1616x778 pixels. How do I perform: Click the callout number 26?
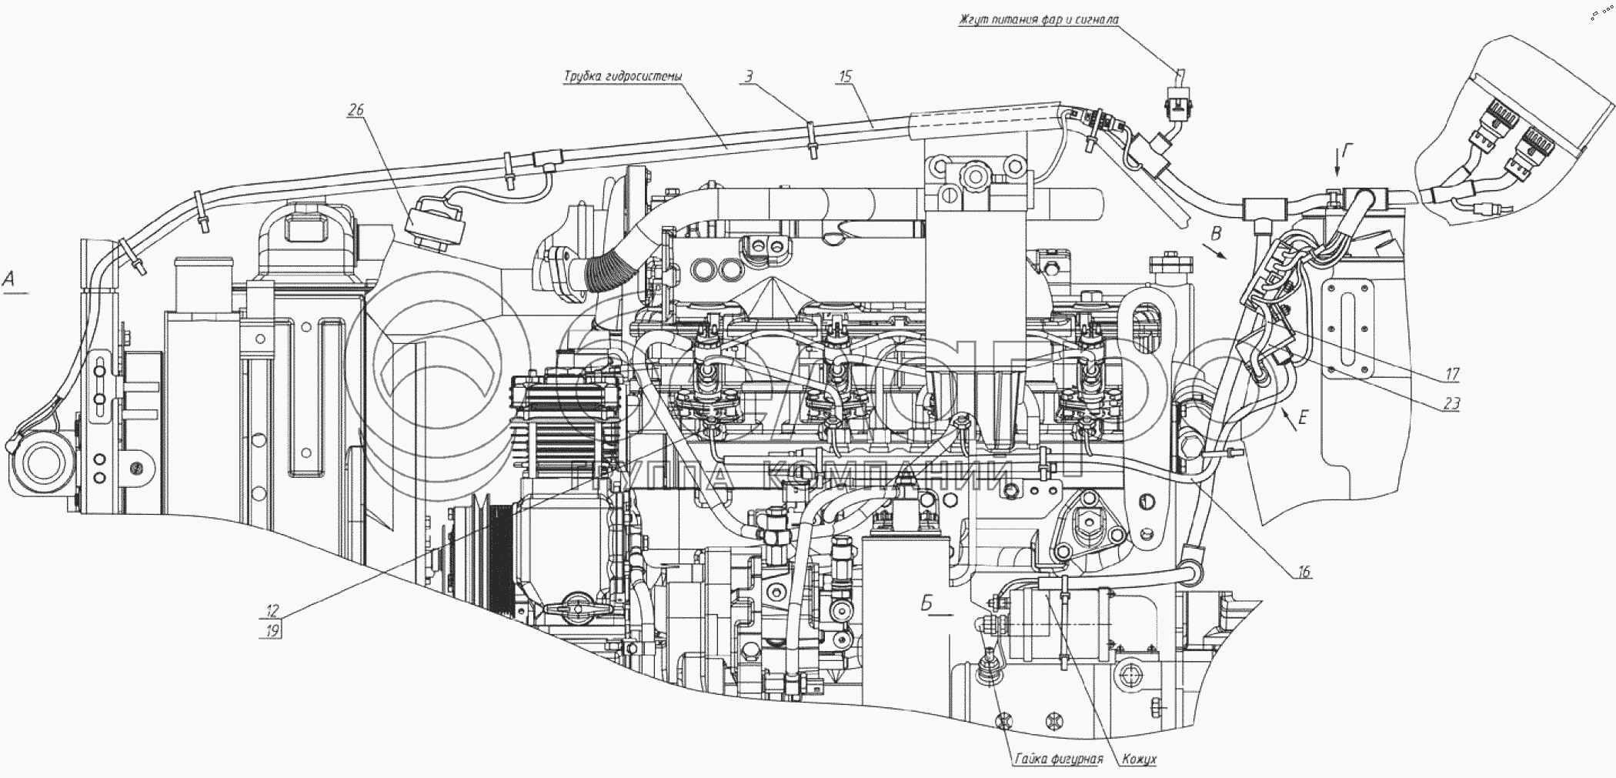[x=356, y=110]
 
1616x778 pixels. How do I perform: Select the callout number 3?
[x=748, y=75]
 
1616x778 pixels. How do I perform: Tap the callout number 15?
[x=846, y=75]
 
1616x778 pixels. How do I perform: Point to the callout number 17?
[x=1452, y=375]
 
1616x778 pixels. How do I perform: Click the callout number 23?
[x=1452, y=404]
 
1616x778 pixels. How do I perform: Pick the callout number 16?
[x=1304, y=572]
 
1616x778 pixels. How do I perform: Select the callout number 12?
[x=272, y=611]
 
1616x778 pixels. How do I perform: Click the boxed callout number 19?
[x=272, y=629]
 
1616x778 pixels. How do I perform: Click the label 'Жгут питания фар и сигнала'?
[x=1038, y=19]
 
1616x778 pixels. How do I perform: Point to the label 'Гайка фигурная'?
[x=1058, y=759]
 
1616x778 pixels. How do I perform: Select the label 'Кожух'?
[x=1139, y=759]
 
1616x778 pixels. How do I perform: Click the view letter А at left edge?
[x=10, y=280]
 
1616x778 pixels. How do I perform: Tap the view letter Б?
[x=927, y=603]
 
